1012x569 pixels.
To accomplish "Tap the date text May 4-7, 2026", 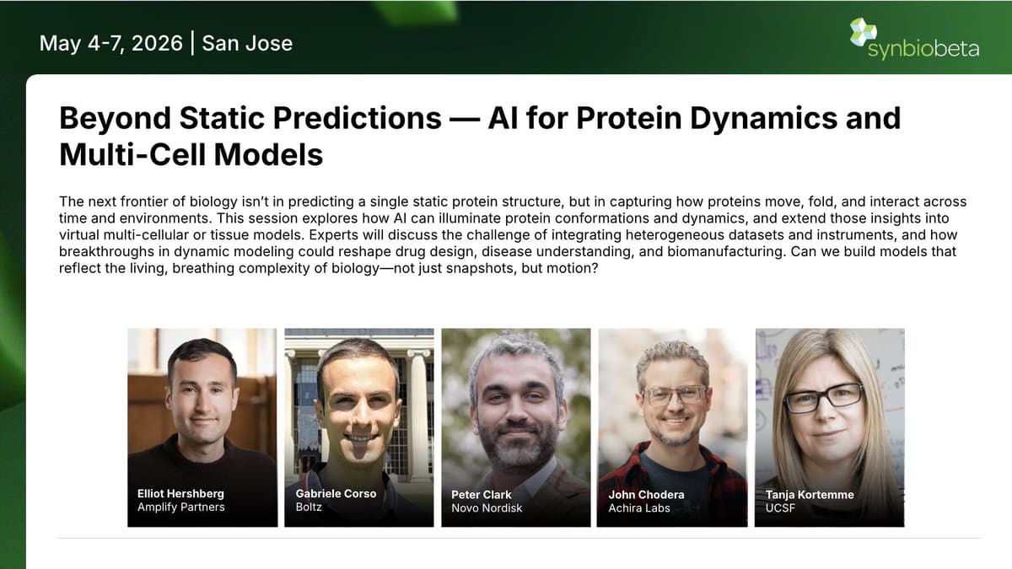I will tap(110, 43).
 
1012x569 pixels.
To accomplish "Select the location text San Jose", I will tap(247, 43).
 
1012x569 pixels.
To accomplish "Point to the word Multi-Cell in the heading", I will tap(129, 155).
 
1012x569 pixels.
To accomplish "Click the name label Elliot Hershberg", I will tap(180, 494).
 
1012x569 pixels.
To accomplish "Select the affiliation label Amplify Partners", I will tap(180, 507).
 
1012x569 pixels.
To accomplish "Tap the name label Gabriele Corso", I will tap(335, 494).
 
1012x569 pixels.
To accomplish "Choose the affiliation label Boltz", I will tap(310, 507).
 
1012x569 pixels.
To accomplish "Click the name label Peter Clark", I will tap(482, 495).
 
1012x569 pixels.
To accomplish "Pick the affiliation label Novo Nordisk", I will tap(487, 507).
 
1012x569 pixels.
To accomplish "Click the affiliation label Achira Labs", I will tap(639, 507).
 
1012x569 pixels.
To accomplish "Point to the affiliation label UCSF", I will tap(780, 507).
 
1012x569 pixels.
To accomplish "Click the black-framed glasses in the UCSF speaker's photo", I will tap(823, 397).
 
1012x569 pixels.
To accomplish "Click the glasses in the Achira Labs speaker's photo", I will tap(674, 394).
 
